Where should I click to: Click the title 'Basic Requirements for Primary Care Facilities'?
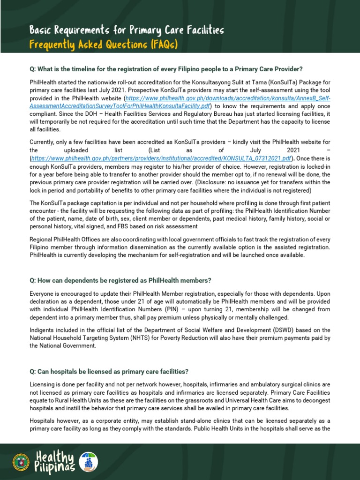127,30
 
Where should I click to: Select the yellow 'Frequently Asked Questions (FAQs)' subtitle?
104,45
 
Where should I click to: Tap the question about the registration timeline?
166,68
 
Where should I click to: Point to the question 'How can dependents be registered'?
120,280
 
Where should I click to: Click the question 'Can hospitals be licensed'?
109,372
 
